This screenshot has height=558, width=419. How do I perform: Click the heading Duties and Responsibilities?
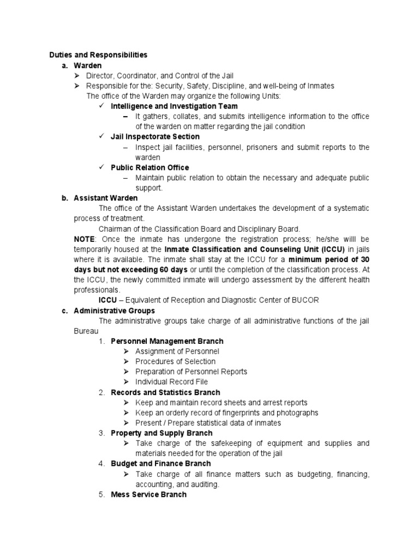98,55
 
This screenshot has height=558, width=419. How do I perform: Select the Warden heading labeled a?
88,65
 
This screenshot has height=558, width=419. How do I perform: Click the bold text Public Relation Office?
149,167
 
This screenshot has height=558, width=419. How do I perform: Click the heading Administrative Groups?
114,311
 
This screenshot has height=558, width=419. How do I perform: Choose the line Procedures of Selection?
175,361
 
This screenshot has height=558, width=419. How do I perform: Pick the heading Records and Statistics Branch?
165,392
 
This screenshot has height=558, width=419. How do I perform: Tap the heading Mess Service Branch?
148,494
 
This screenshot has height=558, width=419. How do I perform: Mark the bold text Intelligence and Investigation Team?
174,106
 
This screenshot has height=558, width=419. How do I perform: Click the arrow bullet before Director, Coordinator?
77,76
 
